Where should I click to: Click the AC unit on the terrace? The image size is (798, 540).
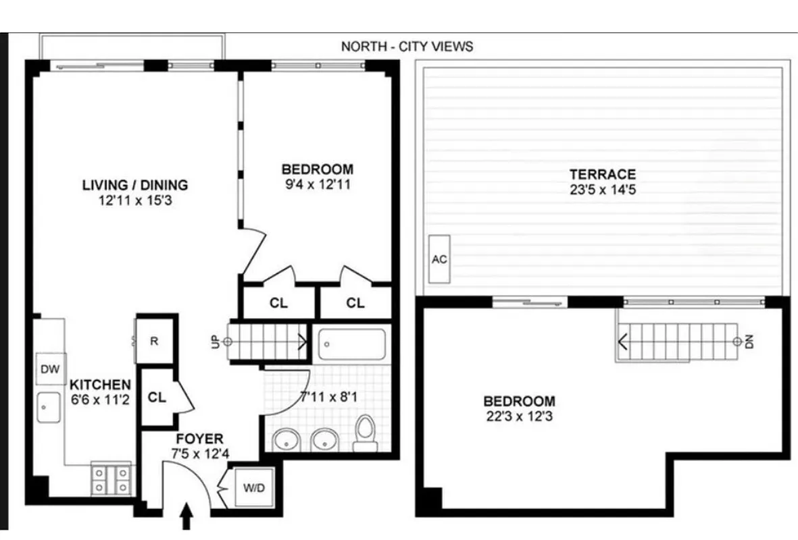pyautogui.click(x=440, y=259)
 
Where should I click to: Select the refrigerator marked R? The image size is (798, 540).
pyautogui.click(x=153, y=342)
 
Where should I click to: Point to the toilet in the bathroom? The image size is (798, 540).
pyautogui.click(x=366, y=433)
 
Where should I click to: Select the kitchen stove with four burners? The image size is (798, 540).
pyautogui.click(x=111, y=479)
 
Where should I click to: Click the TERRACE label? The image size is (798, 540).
pyautogui.click(x=603, y=174)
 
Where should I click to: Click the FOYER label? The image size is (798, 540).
pyautogui.click(x=200, y=439)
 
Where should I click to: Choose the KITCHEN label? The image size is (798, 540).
pyautogui.click(x=100, y=385)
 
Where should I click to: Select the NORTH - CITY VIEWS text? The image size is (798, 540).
pyautogui.click(x=407, y=47)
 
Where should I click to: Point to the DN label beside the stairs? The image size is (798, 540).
pyautogui.click(x=749, y=342)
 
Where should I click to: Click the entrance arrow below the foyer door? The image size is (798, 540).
pyautogui.click(x=186, y=520)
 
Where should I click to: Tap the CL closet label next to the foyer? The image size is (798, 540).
pyautogui.click(x=157, y=398)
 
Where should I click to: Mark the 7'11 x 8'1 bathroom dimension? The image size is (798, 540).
pyautogui.click(x=329, y=397)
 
